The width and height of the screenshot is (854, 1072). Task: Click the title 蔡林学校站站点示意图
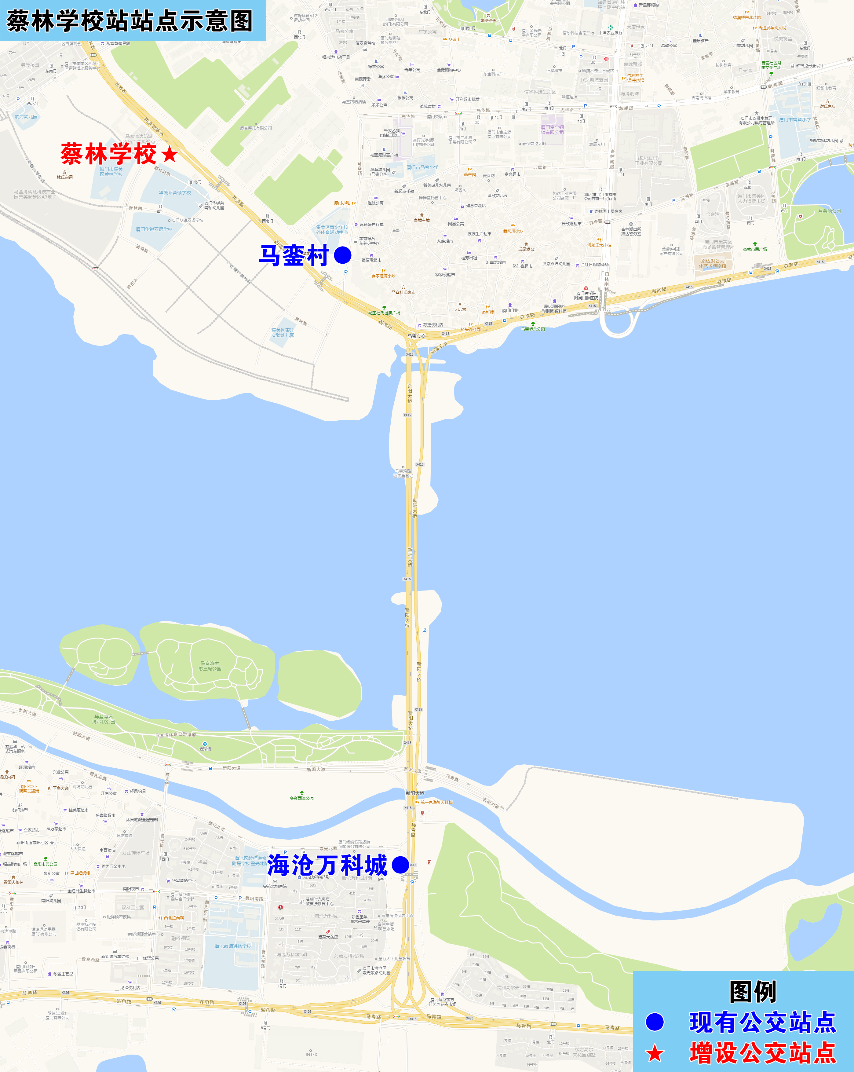click(129, 21)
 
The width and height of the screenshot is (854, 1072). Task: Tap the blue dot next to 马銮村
click(342, 256)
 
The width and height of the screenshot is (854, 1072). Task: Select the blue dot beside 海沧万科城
click(400, 865)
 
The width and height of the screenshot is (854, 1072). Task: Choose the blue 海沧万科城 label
click(327, 865)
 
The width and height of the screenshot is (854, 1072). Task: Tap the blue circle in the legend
click(655, 1022)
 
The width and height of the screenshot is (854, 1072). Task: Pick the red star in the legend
click(655, 1053)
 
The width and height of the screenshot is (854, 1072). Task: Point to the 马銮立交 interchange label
click(417, 336)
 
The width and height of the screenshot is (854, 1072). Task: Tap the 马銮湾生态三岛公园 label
click(210, 666)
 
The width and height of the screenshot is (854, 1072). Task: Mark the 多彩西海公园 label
click(302, 798)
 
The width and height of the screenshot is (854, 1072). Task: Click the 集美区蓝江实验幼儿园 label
click(283, 333)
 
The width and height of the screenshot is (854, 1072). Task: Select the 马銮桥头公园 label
click(533, 329)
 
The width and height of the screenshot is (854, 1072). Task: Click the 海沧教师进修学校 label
click(233, 946)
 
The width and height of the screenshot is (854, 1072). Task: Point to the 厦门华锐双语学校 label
click(154, 229)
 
